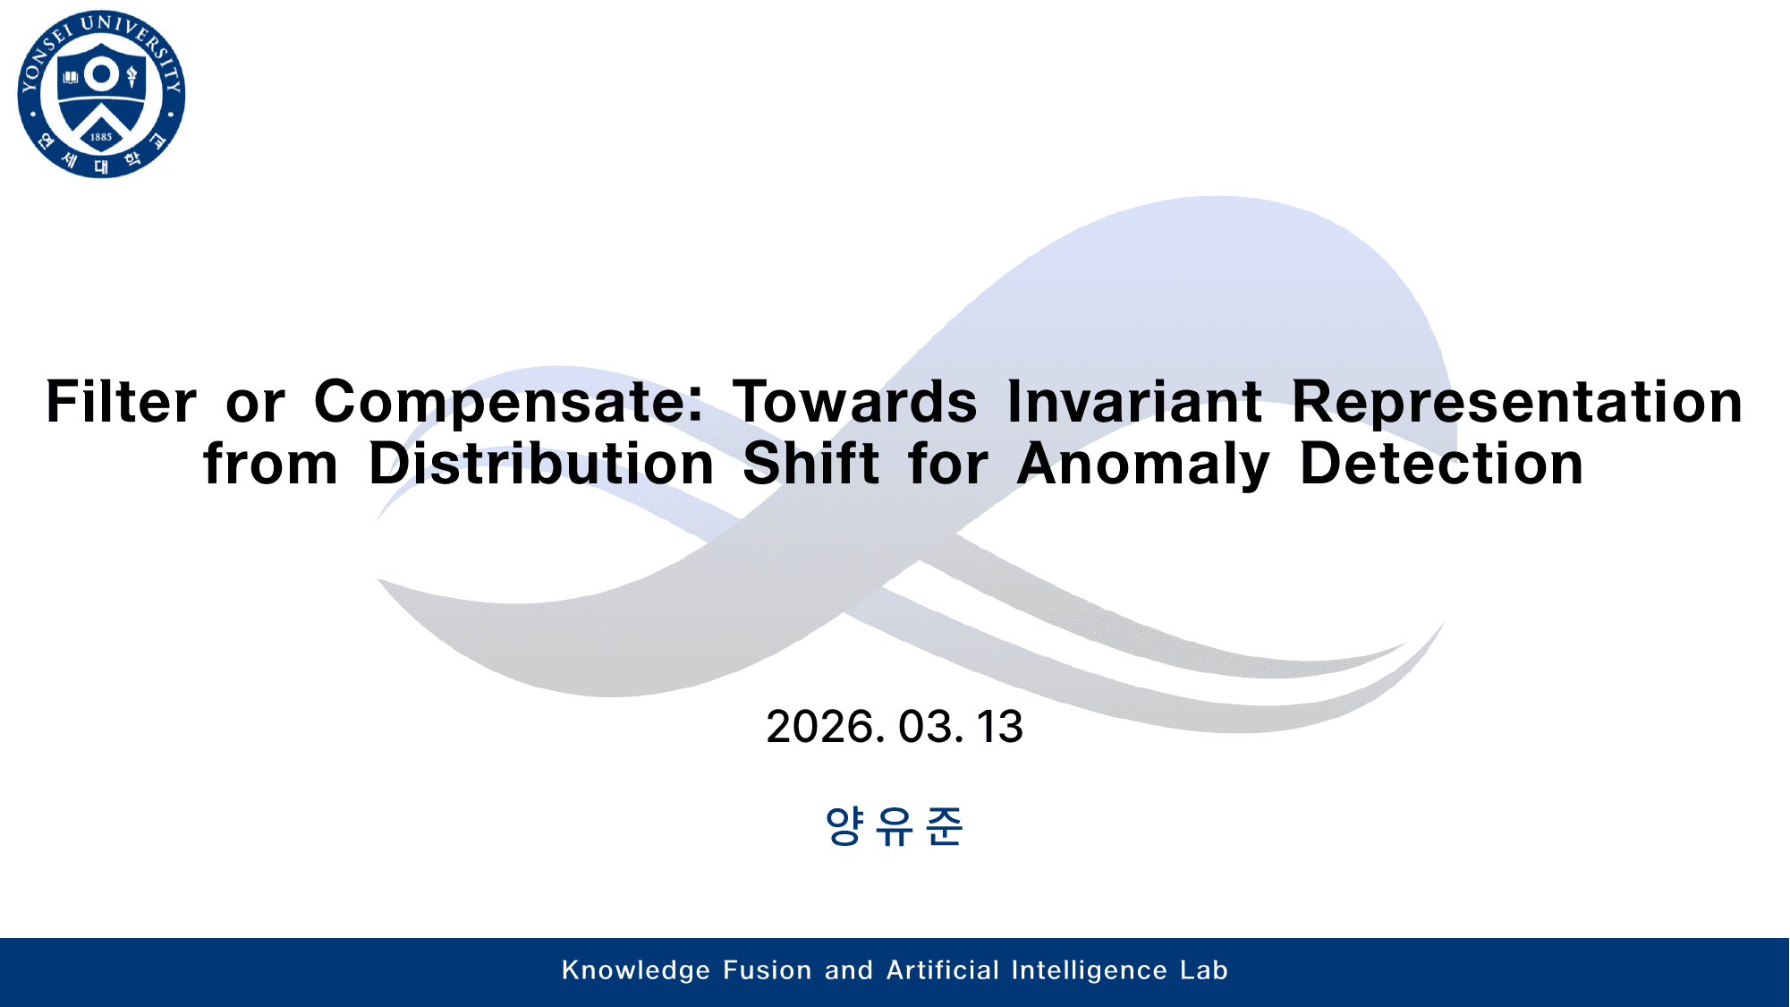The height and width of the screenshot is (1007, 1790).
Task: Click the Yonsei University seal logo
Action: tap(101, 94)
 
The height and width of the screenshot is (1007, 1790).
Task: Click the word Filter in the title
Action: tap(121, 402)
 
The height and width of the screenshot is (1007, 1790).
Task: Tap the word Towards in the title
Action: tap(855, 402)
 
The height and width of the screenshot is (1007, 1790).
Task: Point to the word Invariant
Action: tap(1134, 402)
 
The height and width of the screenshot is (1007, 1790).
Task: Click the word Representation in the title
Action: tap(1517, 402)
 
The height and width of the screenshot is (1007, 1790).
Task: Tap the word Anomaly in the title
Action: tap(1143, 465)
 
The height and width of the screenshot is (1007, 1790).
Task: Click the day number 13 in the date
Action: tap(999, 727)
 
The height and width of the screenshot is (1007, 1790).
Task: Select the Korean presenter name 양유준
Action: tap(894, 825)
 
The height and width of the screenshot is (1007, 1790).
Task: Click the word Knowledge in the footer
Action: tap(635, 970)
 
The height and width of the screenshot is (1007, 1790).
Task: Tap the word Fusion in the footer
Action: tap(768, 970)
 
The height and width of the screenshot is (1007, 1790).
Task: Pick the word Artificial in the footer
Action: tap(943, 970)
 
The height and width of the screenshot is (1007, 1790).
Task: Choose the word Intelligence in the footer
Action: tap(1090, 970)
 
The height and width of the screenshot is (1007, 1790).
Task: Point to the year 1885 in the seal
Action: tap(101, 137)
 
